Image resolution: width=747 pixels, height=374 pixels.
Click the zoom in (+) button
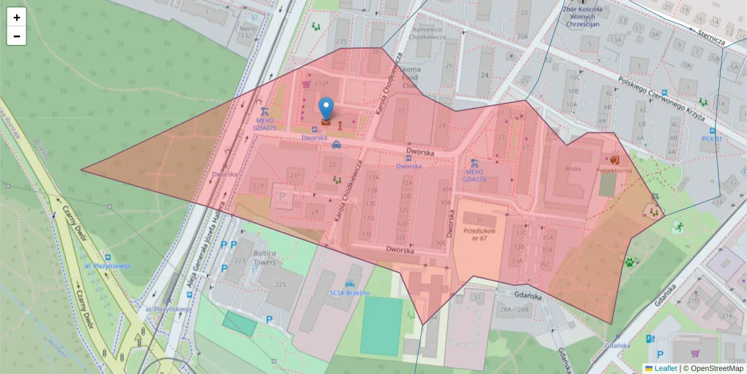16,17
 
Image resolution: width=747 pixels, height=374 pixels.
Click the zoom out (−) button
16,36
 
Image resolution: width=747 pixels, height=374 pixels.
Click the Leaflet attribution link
665,368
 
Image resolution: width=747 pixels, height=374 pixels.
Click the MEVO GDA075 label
265,124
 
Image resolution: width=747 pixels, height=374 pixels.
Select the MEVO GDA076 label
474,175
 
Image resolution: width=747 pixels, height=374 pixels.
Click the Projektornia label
614,170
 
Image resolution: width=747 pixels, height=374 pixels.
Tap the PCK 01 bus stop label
712,139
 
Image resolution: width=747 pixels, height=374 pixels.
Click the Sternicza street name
712,37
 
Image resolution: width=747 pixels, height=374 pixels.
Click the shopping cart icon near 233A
306,84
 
